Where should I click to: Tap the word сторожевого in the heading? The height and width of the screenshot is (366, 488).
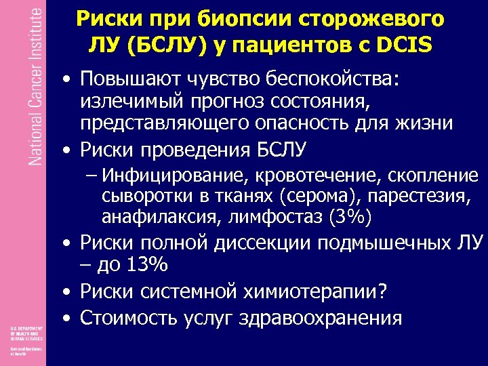point(382,18)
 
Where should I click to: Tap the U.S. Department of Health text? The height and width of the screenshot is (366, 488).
point(25,333)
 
